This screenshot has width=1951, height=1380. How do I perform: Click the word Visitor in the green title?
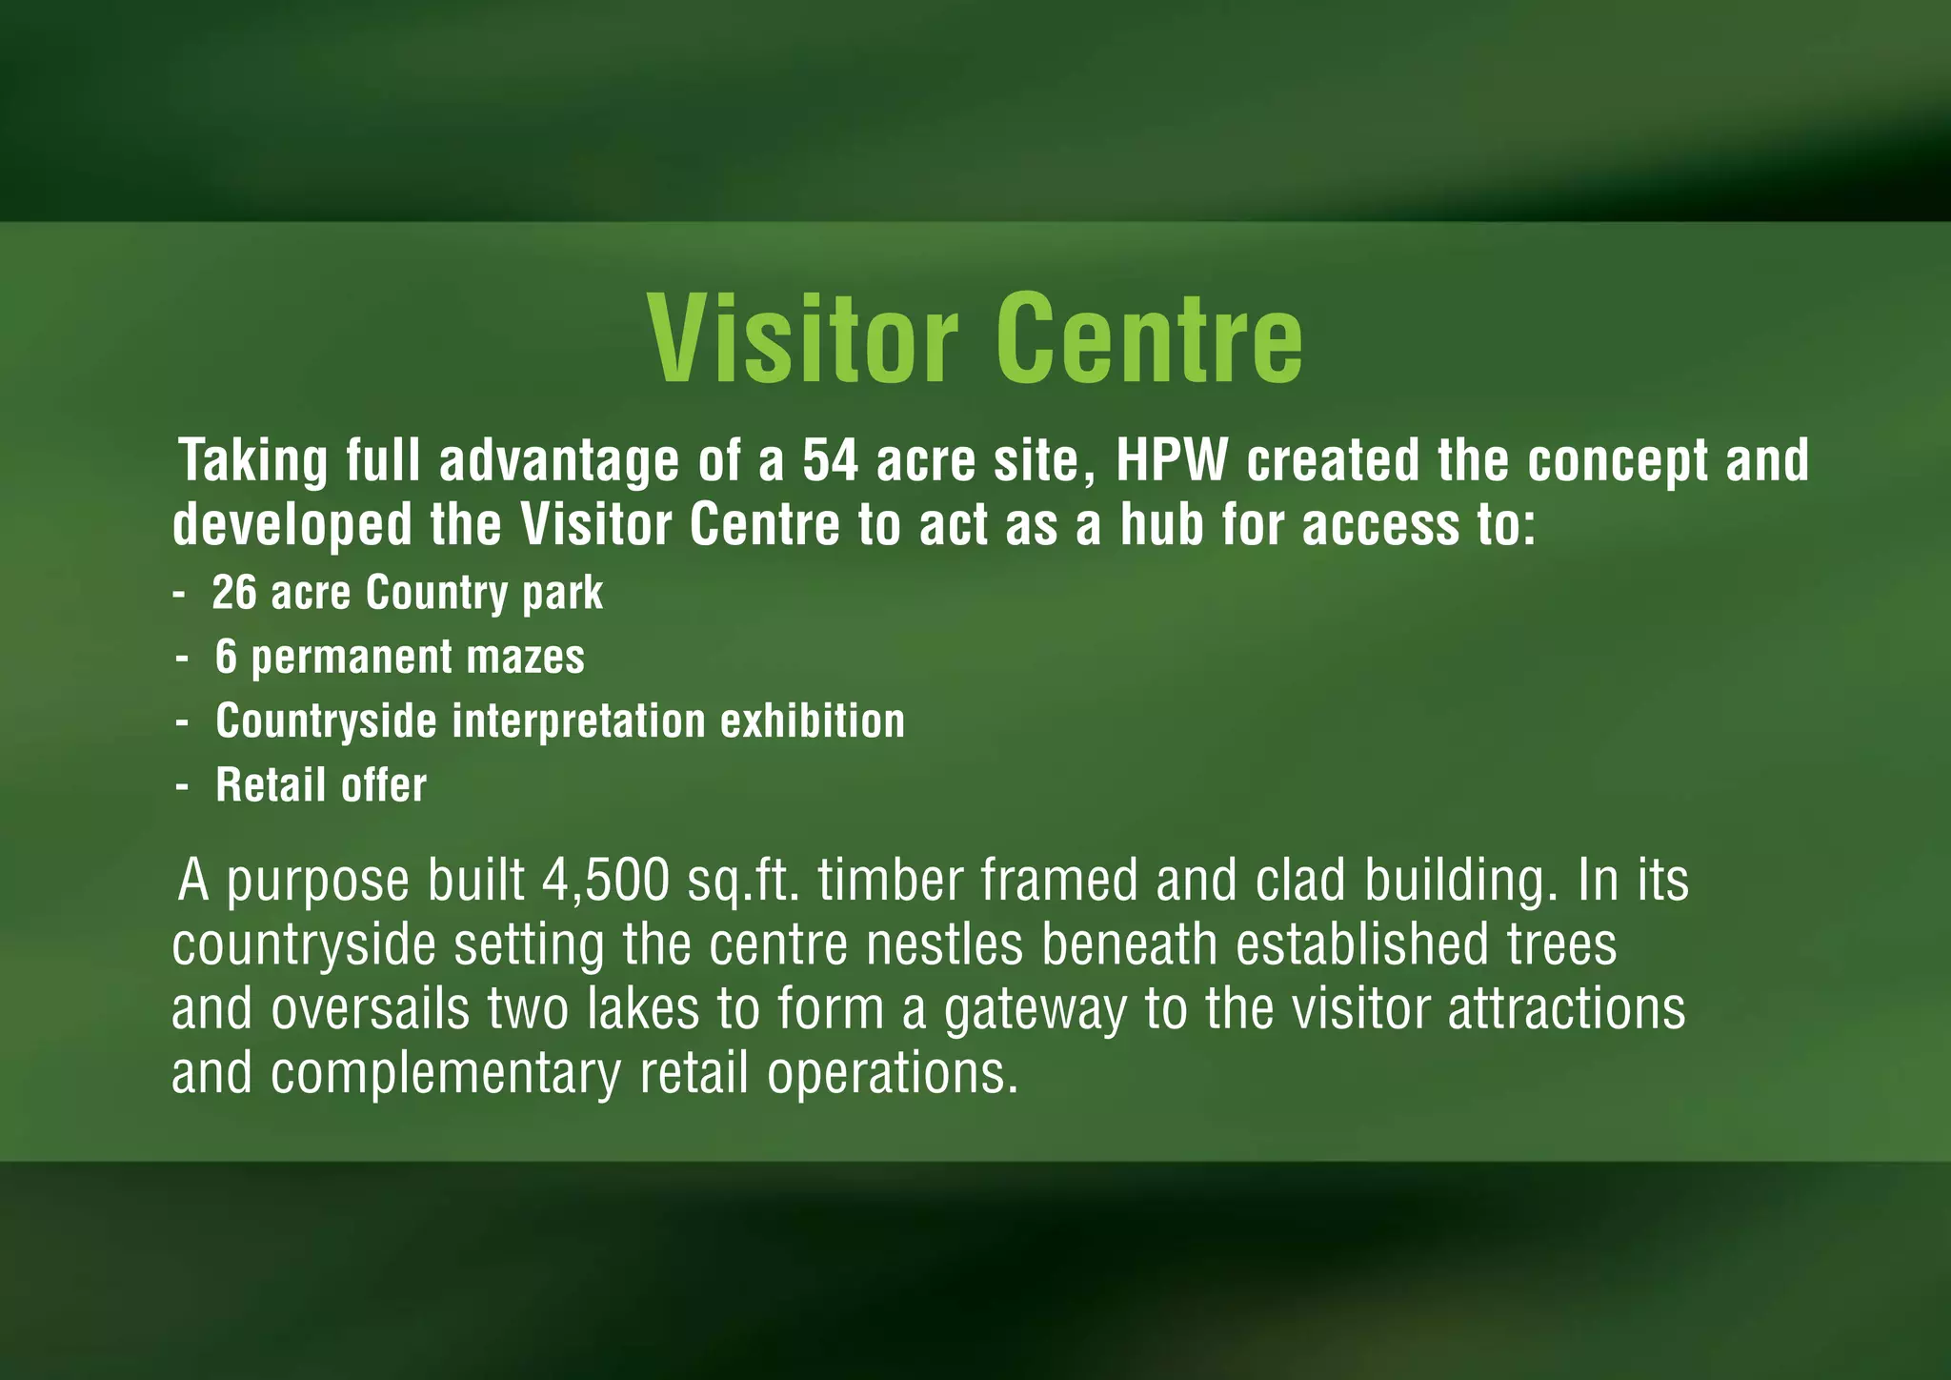(x=803, y=338)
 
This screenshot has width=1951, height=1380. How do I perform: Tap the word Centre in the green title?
(x=1149, y=338)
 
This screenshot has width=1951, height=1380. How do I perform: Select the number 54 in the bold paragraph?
(x=830, y=461)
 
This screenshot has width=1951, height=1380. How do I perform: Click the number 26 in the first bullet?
(x=234, y=593)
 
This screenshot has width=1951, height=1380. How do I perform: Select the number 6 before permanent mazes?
(x=226, y=657)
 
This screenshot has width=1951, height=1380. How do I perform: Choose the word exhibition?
(x=813, y=720)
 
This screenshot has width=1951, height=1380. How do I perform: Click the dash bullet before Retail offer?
(x=182, y=786)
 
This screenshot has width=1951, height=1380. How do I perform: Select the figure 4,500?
(x=605, y=881)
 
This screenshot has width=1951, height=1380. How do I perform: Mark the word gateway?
(x=1035, y=1010)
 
